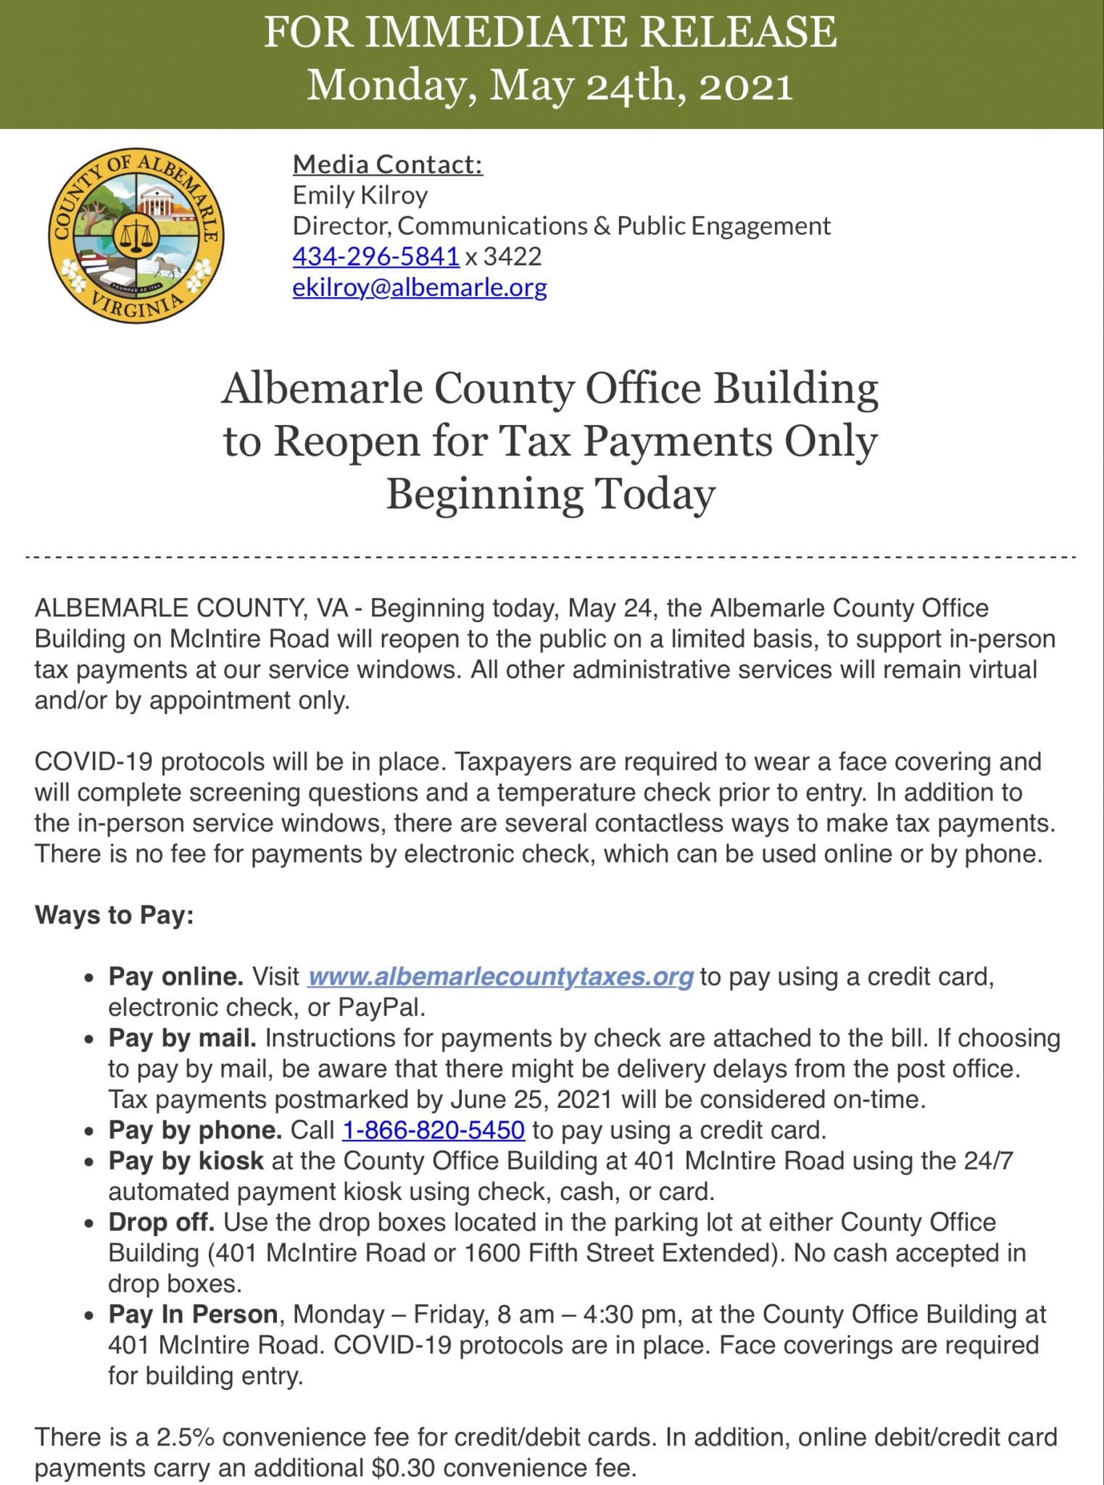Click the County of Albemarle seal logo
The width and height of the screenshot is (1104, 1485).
coord(136,236)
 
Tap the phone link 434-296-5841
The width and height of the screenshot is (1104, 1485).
coord(375,256)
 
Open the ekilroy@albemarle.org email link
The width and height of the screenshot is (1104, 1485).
coord(419,287)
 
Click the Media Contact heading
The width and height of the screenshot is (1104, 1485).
coord(387,164)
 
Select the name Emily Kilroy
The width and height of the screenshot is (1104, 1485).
coord(360,195)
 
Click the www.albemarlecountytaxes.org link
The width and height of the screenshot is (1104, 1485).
coord(500,976)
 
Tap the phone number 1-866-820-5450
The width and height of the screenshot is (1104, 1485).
coord(433,1130)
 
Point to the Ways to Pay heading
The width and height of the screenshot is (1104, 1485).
coord(114,914)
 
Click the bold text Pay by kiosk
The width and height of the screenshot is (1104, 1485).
coord(186,1160)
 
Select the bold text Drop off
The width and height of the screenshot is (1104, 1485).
coord(161,1222)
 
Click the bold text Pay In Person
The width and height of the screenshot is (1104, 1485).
coord(193,1314)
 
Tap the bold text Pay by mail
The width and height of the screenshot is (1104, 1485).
coord(182,1038)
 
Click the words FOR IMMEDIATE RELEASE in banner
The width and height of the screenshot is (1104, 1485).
coord(550,32)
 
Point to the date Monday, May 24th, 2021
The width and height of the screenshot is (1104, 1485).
coord(550,86)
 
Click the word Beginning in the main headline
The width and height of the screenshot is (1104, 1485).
coord(484,494)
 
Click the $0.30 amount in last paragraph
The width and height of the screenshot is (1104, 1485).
coord(402,1468)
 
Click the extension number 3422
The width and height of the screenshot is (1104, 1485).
coord(512,256)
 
